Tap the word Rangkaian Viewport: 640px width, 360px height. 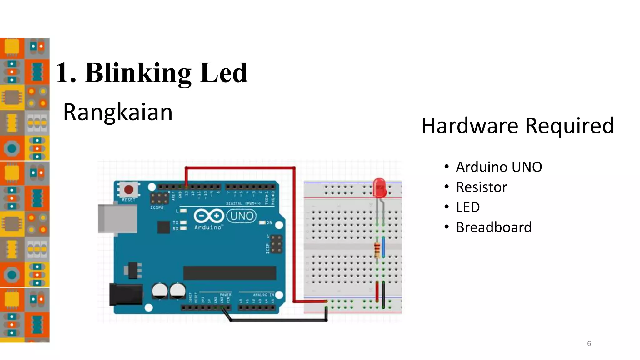coord(118,112)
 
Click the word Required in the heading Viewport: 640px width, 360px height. coord(569,126)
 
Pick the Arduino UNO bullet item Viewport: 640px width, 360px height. coord(499,167)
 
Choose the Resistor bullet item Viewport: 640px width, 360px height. coord(481,187)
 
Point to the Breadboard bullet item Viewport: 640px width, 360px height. coord(493,227)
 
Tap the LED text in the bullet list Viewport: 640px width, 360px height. coord(468,207)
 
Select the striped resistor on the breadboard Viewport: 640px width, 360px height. coord(377,249)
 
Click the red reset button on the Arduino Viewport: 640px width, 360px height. coord(128,189)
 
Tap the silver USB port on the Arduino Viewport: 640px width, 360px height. coord(117,218)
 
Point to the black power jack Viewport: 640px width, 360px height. coord(126,294)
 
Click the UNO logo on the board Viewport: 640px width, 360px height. coord(241,216)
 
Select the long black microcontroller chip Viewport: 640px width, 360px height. coord(230,273)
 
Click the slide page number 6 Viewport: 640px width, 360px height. coord(589,344)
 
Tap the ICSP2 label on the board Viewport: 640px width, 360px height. coord(157,207)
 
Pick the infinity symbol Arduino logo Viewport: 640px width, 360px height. coord(209,216)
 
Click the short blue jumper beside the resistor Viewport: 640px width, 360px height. coord(383,247)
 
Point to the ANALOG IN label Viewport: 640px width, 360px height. coord(263,295)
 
